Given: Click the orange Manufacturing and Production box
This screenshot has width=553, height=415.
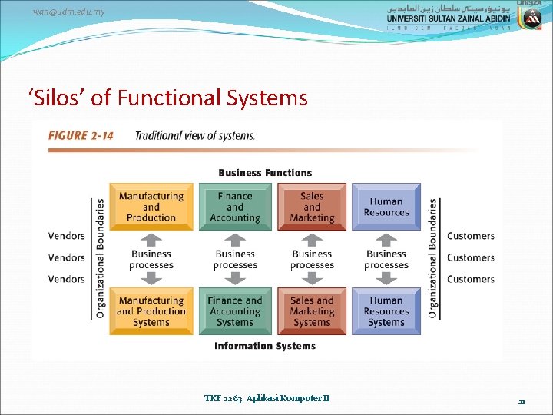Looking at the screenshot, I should point(151,207).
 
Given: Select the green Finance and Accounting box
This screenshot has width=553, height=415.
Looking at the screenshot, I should point(235,207).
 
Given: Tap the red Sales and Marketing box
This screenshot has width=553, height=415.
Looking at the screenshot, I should point(312,207).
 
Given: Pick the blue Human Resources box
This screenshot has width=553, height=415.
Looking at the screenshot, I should point(386,207).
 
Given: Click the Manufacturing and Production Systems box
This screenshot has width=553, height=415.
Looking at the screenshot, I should point(151,311).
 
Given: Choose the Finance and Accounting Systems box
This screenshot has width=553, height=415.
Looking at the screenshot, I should point(235,311).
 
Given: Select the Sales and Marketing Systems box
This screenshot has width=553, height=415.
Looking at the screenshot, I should point(312,311).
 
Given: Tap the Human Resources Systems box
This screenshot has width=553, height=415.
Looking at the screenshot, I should point(386,311).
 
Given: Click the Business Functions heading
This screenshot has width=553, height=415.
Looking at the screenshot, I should point(265,173).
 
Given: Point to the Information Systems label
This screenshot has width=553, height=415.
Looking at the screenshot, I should point(265,346).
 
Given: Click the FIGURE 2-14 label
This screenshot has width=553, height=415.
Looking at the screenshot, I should point(81,136).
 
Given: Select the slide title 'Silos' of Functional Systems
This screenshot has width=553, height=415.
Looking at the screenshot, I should point(167,98).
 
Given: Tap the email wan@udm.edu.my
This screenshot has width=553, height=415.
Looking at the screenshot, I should point(69,12).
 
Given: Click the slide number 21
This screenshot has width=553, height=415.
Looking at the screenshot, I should point(522,401).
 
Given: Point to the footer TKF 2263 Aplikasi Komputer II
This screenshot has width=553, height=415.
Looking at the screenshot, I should point(267,398).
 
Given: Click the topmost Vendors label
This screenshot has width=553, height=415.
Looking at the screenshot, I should point(67,236).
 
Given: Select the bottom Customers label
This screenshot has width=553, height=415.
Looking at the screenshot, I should point(471,279).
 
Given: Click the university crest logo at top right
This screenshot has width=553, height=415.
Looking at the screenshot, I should point(531,16).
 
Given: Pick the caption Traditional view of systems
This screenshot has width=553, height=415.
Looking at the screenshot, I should point(195,136).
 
